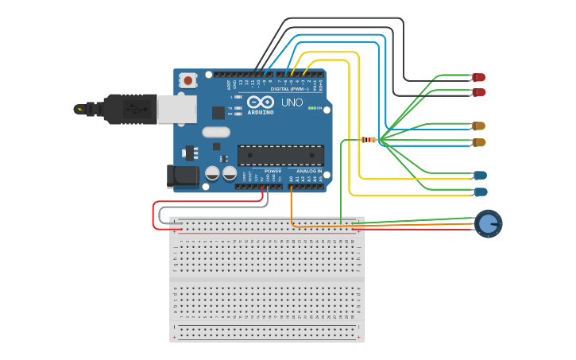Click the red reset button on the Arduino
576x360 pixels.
pos(187,79)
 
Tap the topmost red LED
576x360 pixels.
pos(478,77)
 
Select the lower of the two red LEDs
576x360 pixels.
pos(478,92)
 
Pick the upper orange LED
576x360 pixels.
pos(478,126)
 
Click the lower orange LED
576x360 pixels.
pos(478,142)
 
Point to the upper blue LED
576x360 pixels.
pos(480,175)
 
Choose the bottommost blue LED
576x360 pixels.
pos(480,192)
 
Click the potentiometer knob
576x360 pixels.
pos(488,224)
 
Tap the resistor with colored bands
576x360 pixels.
pos(368,140)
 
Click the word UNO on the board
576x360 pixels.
pos(292,103)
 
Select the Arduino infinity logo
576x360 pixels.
pos(260,102)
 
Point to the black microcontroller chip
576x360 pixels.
pos(280,155)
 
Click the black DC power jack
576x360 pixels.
pos(183,176)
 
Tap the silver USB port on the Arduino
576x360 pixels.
pos(176,109)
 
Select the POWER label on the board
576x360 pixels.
pos(273,171)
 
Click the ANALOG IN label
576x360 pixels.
pos(309,171)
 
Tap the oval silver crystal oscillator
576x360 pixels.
pos(216,133)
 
